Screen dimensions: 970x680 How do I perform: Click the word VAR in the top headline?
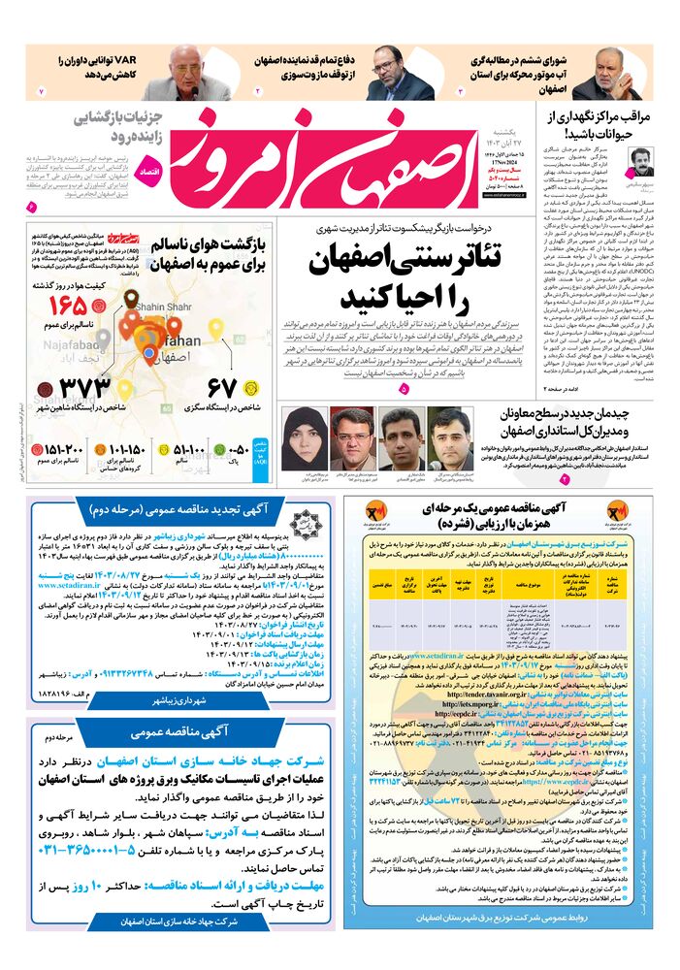[126, 59]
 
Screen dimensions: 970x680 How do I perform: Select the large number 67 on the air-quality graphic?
[221, 388]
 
